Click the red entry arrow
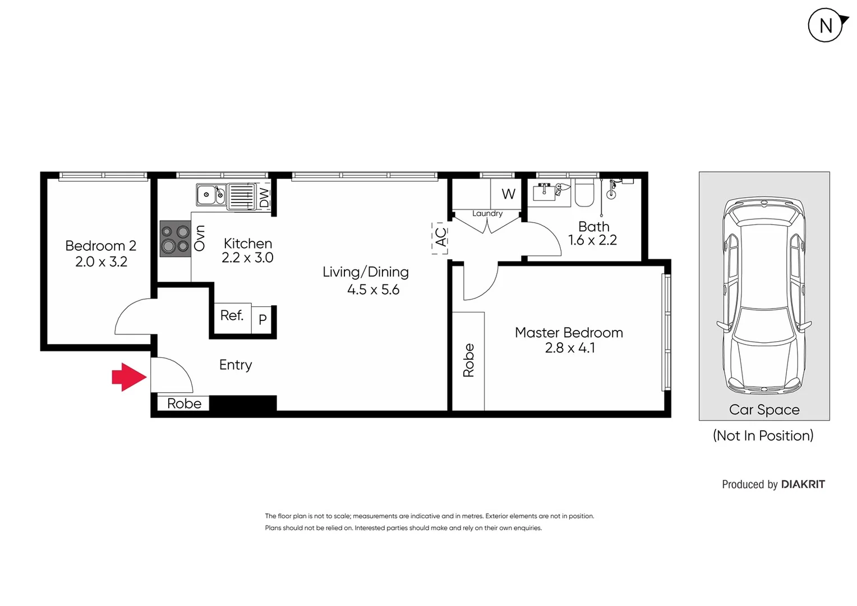point(129,377)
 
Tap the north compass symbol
point(826,25)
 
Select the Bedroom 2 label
point(101,246)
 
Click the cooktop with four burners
point(175,239)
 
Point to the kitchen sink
point(211,195)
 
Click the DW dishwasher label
point(264,197)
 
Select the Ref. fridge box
point(232,316)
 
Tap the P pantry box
point(262,320)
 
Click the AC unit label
point(441,237)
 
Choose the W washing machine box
point(508,194)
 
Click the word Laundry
point(487,213)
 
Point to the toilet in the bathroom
point(584,194)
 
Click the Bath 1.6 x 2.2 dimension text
point(592,240)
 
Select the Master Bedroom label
point(569,333)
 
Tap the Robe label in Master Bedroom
point(468,360)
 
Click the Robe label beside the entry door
point(184,403)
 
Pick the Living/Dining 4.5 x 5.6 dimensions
point(373,290)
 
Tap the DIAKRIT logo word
point(803,484)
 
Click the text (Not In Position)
point(763,435)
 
